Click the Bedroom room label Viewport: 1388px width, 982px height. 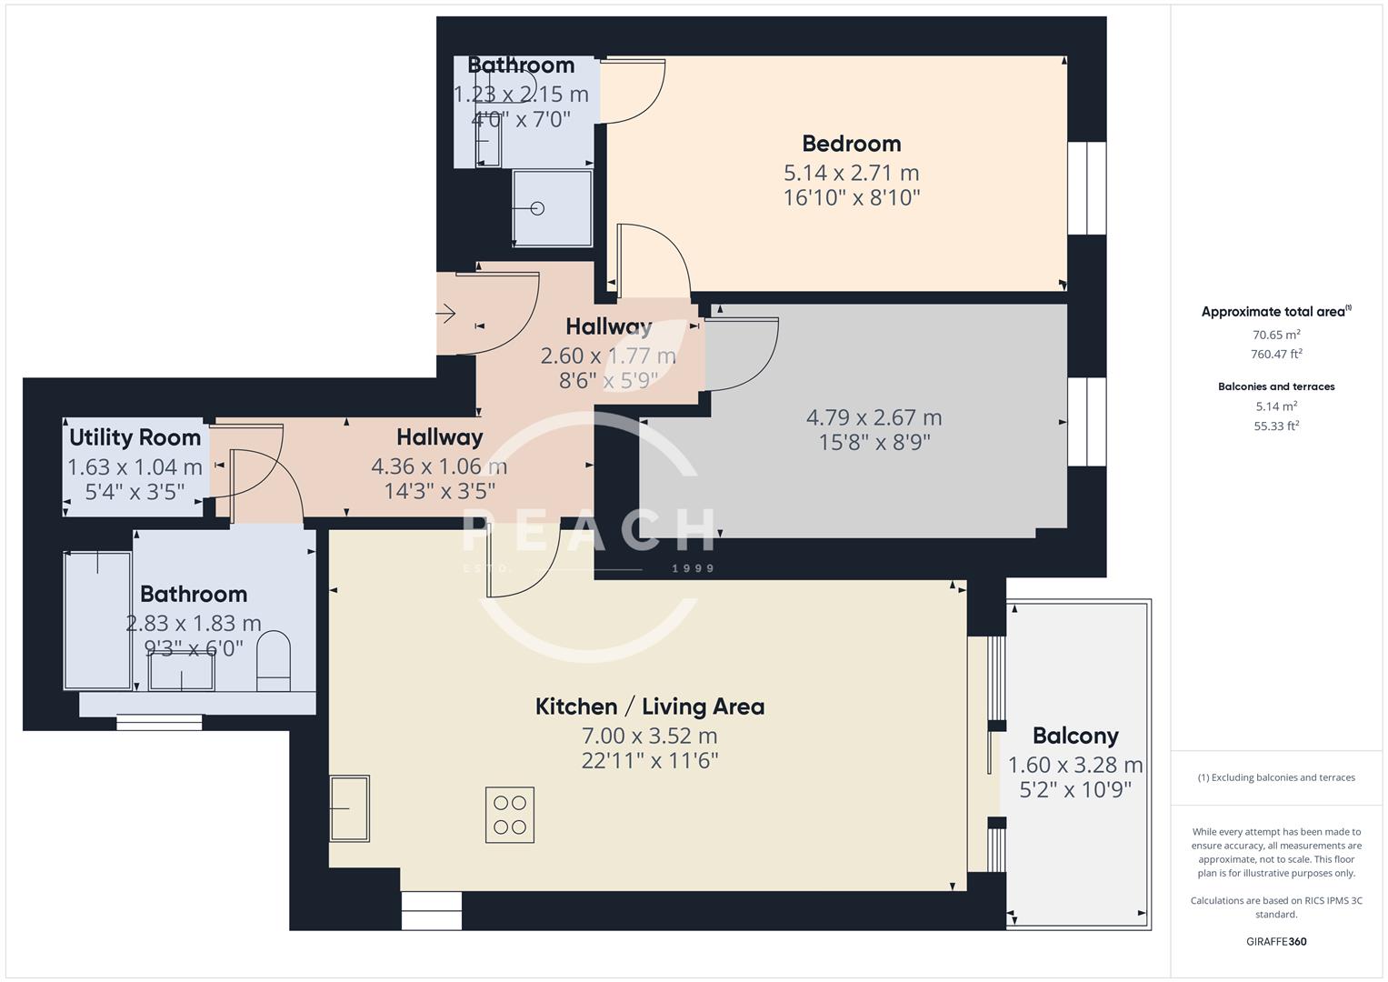coord(851,144)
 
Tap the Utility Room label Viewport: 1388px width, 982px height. coord(135,437)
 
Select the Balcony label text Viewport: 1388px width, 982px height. coord(1074,736)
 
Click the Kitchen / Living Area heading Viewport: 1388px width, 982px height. coord(649,706)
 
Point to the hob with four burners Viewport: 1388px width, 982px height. coord(509,815)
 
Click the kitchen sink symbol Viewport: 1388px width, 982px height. coord(349,807)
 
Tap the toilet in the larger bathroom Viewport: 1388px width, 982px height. coord(273,657)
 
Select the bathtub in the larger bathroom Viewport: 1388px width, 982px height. coord(97,620)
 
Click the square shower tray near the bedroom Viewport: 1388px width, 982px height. coord(552,208)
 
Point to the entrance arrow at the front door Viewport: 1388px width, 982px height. coord(445,315)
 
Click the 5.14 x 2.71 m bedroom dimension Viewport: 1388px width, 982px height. coord(851,173)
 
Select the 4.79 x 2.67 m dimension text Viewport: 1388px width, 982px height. coord(874,417)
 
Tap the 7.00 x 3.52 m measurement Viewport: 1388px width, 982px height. coord(649,736)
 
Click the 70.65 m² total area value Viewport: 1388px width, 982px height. coord(1275,335)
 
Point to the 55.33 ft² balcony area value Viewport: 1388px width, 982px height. coord(1275,426)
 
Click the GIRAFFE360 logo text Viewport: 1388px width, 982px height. coord(1275,941)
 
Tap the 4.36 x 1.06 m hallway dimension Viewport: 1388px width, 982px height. coord(439,466)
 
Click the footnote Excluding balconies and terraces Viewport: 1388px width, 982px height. coord(1275,777)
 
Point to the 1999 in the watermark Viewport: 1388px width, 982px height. coord(693,568)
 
